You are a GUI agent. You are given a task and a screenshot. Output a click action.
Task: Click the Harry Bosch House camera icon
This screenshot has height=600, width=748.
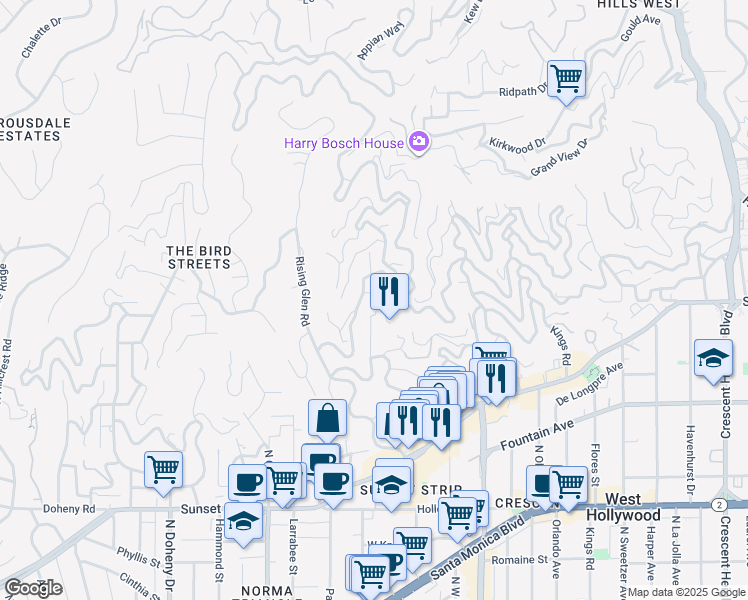click(419, 143)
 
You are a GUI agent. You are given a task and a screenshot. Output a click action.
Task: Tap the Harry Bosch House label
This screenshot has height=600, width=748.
click(344, 143)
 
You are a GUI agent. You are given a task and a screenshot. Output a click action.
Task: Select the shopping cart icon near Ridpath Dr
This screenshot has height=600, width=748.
click(567, 78)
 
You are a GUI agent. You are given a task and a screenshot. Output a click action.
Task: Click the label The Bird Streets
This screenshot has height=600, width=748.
click(199, 258)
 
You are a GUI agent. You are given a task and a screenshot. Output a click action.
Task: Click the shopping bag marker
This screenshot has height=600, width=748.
click(328, 418)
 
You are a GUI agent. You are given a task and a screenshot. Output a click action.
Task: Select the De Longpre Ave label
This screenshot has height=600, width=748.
click(590, 381)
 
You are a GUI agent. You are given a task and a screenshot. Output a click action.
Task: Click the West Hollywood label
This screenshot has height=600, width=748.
click(633, 507)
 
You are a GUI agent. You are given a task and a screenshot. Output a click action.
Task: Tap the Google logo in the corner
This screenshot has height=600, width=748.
click(33, 588)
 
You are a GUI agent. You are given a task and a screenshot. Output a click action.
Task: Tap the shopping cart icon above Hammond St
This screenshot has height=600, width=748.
click(163, 468)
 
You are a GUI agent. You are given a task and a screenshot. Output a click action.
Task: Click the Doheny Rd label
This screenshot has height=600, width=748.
click(69, 508)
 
